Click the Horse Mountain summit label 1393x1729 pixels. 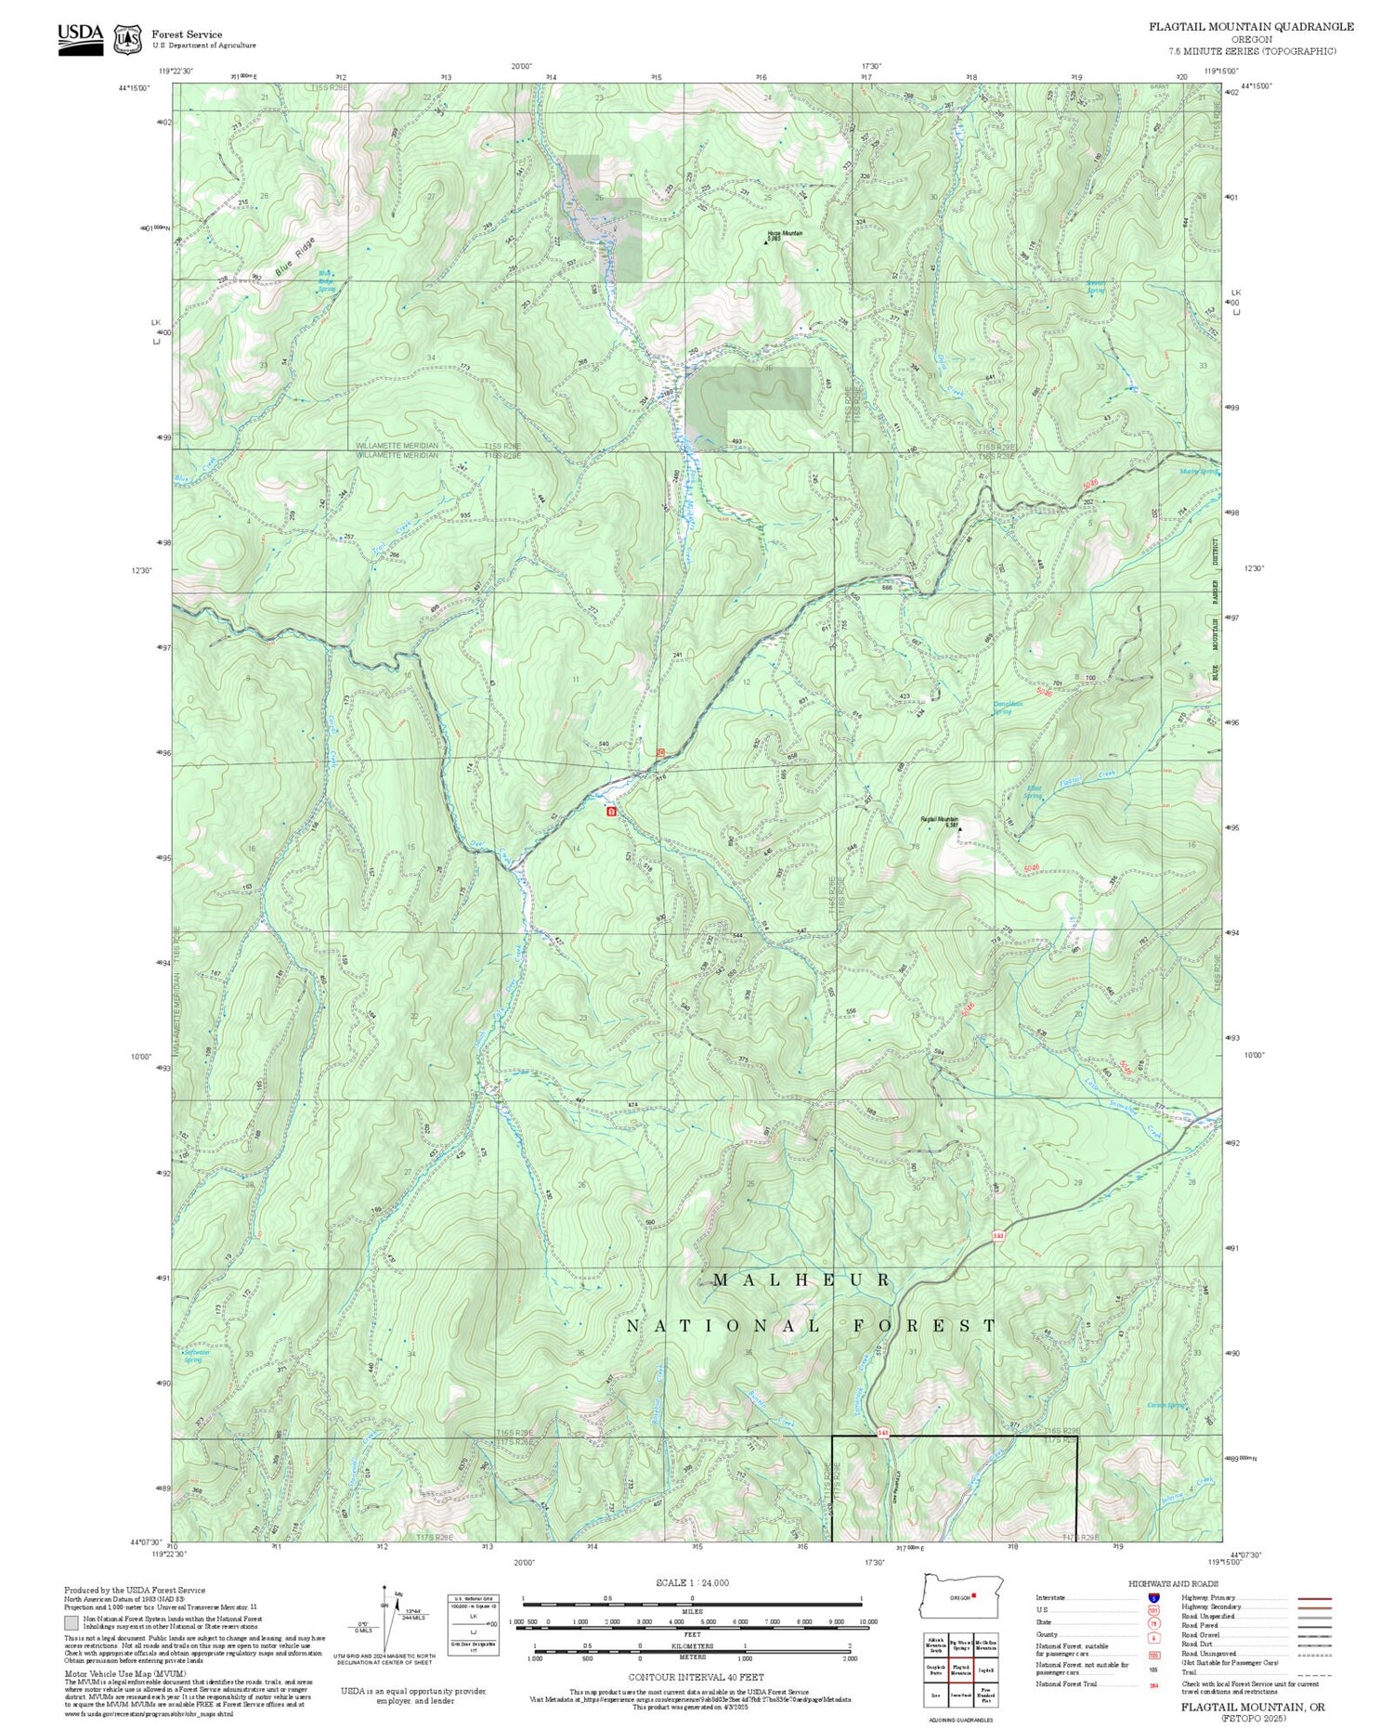click(785, 234)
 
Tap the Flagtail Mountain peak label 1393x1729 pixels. click(939, 820)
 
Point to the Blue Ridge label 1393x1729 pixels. click(295, 257)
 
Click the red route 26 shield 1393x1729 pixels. click(661, 753)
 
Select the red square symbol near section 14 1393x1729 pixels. click(610, 812)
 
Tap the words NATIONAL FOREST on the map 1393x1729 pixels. click(811, 1326)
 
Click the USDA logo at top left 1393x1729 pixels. click(81, 38)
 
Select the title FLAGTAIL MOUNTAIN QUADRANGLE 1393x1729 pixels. click(1251, 27)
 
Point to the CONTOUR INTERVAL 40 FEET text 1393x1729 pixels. click(696, 1677)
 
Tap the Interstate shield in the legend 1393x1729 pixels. click(1153, 1597)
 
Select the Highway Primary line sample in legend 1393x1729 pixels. click(1309, 1599)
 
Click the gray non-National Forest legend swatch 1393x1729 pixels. click(72, 1623)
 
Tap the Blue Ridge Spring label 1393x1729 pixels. click(327, 281)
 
